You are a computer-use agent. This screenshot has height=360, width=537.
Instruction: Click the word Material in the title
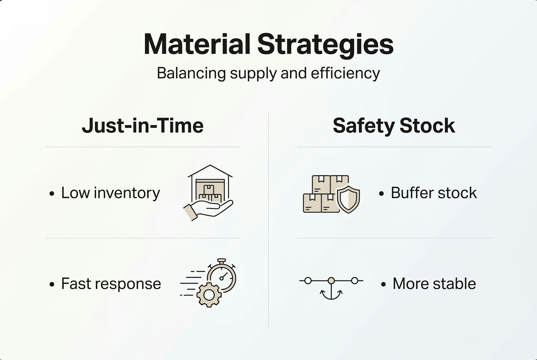tap(197, 44)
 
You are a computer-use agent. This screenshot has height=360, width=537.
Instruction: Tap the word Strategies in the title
tap(325, 44)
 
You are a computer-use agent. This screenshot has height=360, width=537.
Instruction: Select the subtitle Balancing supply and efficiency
tap(268, 73)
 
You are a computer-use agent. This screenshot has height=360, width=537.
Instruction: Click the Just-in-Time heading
tap(143, 126)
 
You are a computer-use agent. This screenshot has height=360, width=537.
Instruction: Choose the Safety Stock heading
tap(394, 126)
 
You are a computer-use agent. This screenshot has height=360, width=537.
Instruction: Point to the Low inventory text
tap(110, 193)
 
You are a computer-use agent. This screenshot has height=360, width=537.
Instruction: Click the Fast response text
tap(111, 284)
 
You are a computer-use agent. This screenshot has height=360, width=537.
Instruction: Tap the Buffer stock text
tap(433, 193)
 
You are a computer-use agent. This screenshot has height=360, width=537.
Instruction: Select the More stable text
tap(434, 284)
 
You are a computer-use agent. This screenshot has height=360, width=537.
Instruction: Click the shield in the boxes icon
tap(348, 199)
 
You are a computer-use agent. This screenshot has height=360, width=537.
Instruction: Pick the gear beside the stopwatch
tap(209, 295)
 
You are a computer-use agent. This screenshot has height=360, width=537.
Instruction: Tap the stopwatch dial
tap(222, 278)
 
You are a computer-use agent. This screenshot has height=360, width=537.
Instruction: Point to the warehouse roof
tap(210, 171)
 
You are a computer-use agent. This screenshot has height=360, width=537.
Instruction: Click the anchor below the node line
tap(331, 293)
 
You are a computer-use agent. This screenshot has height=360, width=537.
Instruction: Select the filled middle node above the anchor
tap(331, 281)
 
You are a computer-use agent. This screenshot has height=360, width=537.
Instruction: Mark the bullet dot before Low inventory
tap(52, 194)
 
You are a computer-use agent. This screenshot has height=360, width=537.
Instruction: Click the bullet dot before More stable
tap(383, 284)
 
